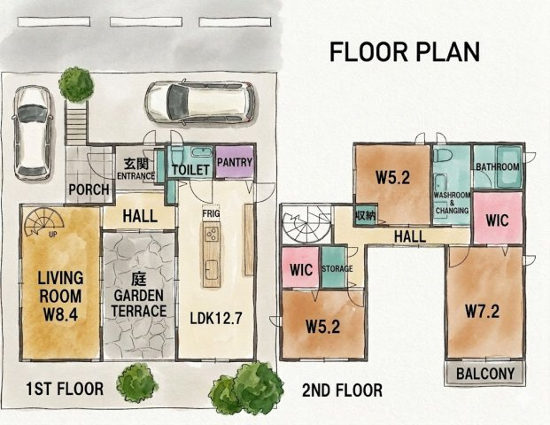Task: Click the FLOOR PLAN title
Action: [405, 51]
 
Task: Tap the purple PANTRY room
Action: [235, 162]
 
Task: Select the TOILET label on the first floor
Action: [190, 170]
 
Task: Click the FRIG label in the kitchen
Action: [211, 213]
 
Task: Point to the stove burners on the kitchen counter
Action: [212, 234]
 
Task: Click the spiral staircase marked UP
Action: [44, 221]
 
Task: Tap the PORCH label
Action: [89, 189]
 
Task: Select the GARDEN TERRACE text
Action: [139, 303]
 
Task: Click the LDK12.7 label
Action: [216, 319]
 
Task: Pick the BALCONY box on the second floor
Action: [485, 374]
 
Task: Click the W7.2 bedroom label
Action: [483, 311]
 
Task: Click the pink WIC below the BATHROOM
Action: [498, 218]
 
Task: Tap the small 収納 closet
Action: [365, 214]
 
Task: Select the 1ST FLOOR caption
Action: [65, 389]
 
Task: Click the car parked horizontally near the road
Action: [199, 103]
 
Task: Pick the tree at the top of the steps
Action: [76, 84]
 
